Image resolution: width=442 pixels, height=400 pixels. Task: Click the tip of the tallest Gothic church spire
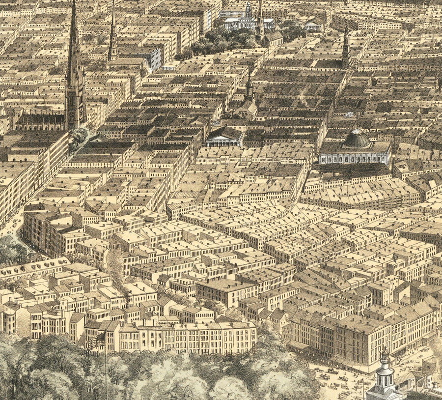tap(74, 3)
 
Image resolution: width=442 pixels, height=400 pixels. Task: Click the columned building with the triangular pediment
tap(224, 137)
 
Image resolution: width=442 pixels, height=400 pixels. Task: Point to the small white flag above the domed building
tap(349, 115)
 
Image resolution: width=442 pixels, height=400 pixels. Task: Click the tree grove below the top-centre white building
tap(221, 42)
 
